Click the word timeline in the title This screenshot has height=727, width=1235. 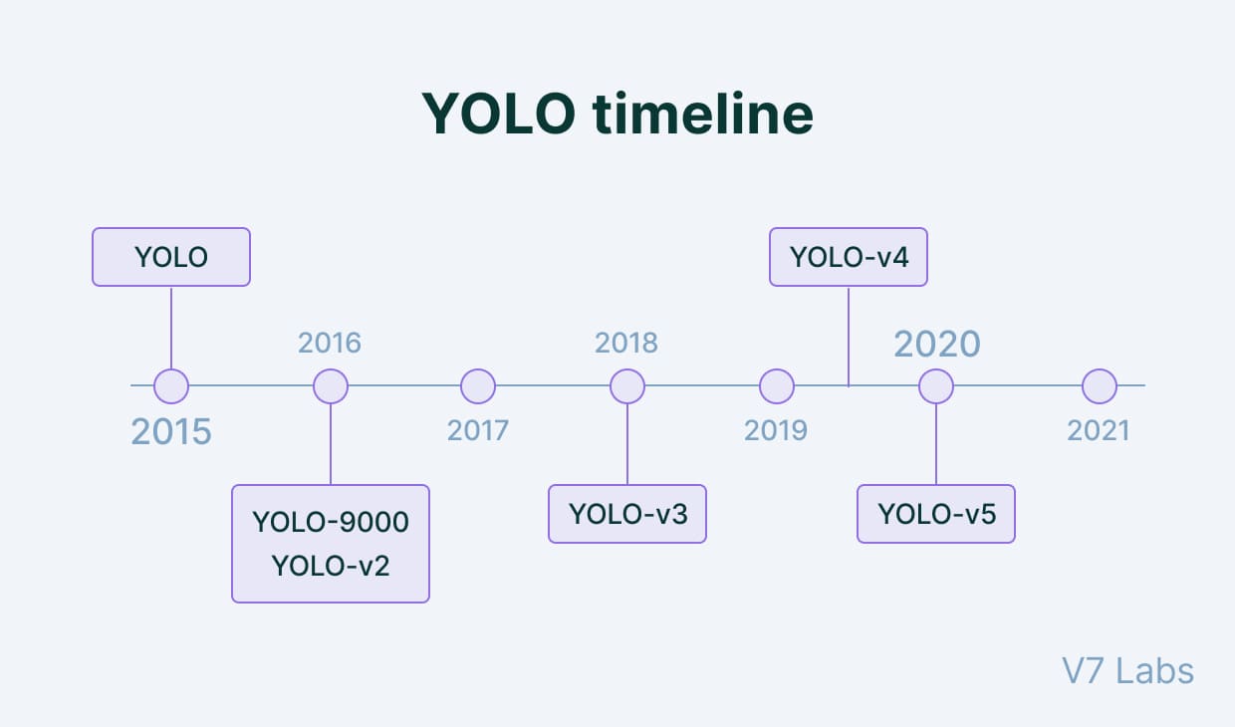point(703,115)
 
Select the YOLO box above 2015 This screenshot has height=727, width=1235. point(171,257)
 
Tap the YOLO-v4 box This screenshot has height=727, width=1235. point(849,257)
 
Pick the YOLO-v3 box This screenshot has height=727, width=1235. point(627,514)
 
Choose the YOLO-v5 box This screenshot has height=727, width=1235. point(936,514)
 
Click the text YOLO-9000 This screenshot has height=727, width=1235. point(331,522)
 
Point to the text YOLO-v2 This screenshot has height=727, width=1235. point(331,566)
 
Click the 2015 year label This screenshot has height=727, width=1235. point(171,432)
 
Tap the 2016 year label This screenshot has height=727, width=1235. point(330,344)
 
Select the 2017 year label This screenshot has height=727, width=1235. point(478,430)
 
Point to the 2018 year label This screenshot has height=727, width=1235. point(626,343)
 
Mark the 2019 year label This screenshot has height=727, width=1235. point(776,430)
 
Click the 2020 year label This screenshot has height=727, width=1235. point(936,344)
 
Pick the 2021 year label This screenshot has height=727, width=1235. point(1099,430)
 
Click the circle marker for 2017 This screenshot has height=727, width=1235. point(478,385)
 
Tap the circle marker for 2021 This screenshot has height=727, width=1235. point(1100,385)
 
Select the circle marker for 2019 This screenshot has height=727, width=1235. point(777,385)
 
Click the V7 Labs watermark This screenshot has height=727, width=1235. point(1127,671)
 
